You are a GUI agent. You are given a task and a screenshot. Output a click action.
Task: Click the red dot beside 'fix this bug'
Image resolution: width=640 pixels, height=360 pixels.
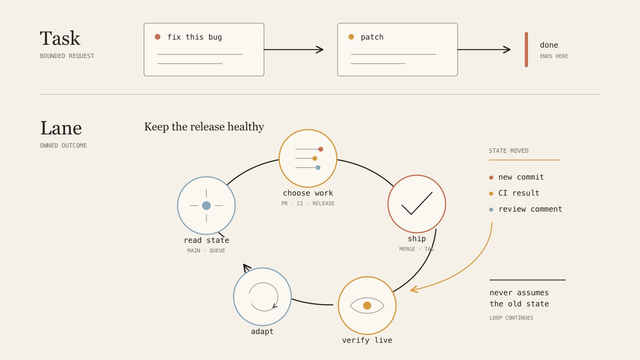pos(158,37)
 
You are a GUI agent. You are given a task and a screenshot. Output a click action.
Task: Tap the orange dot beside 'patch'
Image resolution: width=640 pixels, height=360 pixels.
pos(351,37)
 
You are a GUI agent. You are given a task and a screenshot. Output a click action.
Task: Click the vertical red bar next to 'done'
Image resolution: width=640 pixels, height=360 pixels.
pos(526,50)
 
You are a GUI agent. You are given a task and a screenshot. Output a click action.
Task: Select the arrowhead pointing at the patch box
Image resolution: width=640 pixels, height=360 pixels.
pos(320,50)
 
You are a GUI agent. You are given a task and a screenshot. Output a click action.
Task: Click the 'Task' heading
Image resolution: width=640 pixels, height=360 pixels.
pos(60,38)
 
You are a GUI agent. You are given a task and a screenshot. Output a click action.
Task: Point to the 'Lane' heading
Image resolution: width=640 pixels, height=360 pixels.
pos(61,128)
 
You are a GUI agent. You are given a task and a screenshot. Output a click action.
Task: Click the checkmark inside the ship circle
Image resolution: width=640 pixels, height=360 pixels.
pos(417,203)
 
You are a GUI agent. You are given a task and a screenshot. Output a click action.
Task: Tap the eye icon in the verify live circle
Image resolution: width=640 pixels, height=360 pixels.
pos(367,306)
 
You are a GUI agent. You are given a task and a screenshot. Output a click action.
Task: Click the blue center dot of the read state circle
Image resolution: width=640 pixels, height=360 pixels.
pos(206,206)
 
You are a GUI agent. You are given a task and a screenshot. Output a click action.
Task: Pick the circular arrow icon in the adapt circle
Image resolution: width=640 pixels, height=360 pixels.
pos(264,297)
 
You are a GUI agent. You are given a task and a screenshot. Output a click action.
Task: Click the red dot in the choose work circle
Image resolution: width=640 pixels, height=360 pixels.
pos(320,149)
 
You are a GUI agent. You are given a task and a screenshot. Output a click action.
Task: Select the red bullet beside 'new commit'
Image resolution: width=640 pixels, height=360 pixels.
pos(491,178)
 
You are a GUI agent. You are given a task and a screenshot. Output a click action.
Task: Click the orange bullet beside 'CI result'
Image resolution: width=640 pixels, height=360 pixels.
pos(491,194)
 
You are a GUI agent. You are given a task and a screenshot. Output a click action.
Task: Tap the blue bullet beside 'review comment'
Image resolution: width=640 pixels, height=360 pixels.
pos(491,210)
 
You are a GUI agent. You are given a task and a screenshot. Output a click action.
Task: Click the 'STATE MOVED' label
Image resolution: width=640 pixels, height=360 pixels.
pos(508,151)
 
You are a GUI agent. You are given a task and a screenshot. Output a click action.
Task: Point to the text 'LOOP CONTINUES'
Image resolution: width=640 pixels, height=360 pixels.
pos(512,318)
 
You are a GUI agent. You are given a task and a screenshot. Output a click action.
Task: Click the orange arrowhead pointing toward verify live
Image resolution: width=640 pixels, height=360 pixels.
pos(414,290)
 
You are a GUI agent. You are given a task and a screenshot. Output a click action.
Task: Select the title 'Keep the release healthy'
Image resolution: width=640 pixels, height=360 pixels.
pos(204,126)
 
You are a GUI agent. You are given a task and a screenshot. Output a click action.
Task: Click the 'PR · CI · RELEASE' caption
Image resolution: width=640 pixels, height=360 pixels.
pos(308,204)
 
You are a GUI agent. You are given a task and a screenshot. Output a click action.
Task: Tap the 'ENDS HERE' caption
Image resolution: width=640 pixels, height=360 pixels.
pos(554,56)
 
